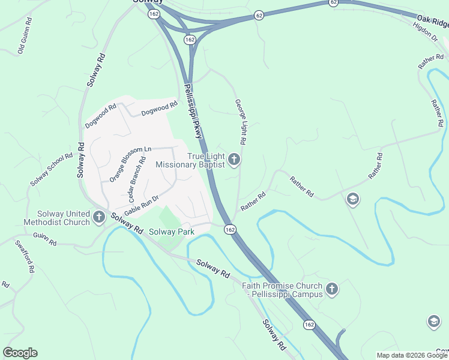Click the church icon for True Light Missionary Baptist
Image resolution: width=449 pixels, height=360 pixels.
coord(234,160)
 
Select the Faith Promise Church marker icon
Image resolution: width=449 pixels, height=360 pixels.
coord(331,290)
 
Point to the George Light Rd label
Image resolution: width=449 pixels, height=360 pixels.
coord(241,122)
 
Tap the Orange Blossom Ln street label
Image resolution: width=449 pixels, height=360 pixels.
coord(130,164)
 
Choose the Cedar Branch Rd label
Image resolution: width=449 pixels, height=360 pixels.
coord(137,179)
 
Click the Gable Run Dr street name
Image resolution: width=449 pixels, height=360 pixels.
coord(142,206)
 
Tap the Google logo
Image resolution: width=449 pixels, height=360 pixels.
coord(20,353)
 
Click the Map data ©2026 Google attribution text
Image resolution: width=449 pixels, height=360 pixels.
coord(412,355)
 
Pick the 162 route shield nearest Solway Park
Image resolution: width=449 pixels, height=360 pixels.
coord(230,230)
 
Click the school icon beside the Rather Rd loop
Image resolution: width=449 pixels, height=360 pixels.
coord(353,199)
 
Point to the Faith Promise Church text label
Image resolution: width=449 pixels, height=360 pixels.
coord(282,290)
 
